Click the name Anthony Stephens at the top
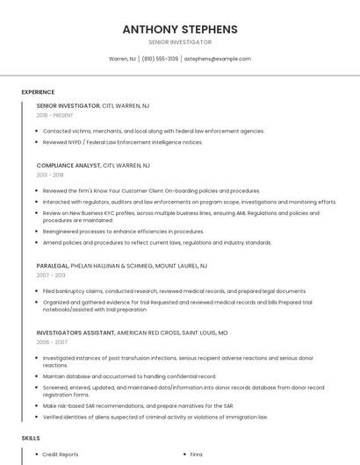coord(180,29)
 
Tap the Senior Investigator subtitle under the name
coord(180,42)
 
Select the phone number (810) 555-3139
coord(160,59)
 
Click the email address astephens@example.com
coord(218,59)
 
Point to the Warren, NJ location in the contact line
coord(122,59)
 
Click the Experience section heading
coord(38,91)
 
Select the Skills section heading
coord(31,437)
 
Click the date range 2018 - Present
coord(55,115)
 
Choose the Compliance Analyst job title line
coord(93,165)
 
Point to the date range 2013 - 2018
coord(50,175)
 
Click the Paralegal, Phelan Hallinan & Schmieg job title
coord(122,265)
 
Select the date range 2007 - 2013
coord(51,275)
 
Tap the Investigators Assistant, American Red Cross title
coord(132,333)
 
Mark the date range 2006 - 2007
coord(51,343)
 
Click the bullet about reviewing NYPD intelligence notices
coord(123,141)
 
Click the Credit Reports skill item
coord(61,454)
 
